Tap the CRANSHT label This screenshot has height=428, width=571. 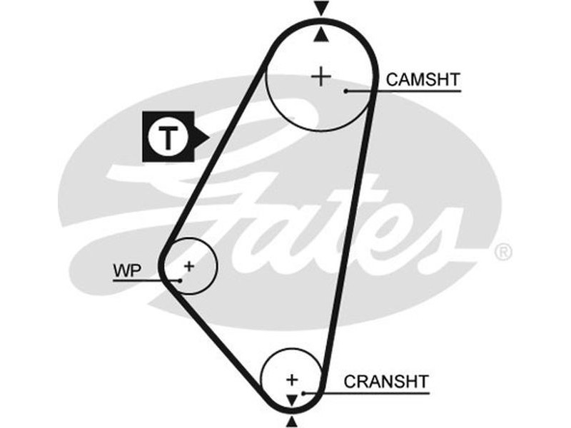tap(386, 381)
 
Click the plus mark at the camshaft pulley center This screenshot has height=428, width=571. tap(322, 76)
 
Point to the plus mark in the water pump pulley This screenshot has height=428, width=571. tap(188, 266)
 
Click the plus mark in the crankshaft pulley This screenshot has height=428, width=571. tap(291, 378)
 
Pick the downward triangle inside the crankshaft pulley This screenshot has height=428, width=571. tap(291, 398)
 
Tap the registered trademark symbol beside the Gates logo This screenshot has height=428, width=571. tap(503, 252)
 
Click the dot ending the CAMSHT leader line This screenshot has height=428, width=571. tap(345, 91)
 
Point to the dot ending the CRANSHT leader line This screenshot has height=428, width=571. tap(304, 392)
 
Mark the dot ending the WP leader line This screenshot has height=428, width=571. tap(181, 280)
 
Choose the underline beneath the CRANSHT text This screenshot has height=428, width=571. tap(385, 392)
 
